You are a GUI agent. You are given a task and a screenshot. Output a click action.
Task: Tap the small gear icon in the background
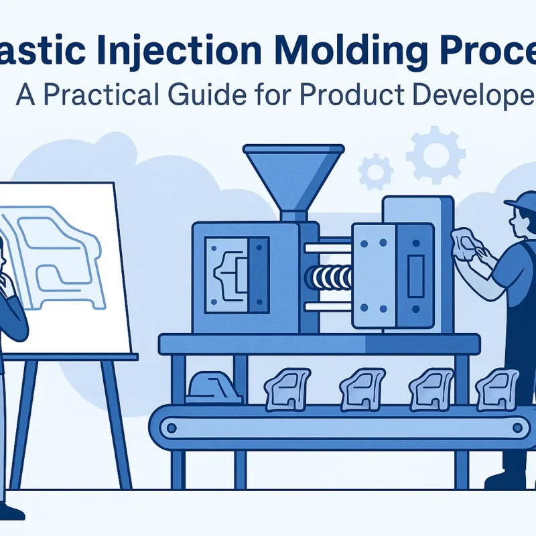[x=375, y=172]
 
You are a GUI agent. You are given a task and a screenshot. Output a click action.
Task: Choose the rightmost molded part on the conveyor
[x=497, y=389]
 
